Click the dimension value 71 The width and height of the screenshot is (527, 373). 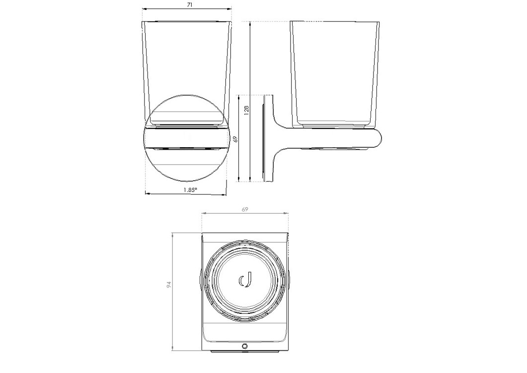[190, 5]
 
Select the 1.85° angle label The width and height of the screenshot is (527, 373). [190, 190]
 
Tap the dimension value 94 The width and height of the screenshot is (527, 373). [169, 285]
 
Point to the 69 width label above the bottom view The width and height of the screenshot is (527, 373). [245, 209]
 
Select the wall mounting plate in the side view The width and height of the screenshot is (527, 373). [268, 139]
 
